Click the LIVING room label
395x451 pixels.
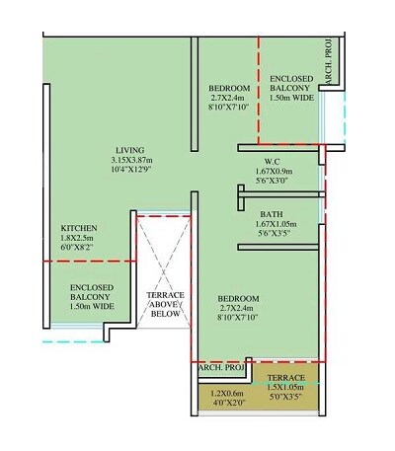pos(129,151)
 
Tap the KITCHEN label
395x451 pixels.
pos(79,227)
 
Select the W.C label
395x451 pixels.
pos(275,162)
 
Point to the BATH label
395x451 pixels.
pos(273,213)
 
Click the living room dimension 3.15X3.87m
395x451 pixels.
pos(129,162)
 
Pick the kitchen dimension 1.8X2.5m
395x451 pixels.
pos(79,238)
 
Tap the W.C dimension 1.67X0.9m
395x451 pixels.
pos(275,172)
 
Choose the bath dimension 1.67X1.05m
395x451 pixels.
pos(274,224)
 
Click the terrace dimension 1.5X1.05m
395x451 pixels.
pos(286,388)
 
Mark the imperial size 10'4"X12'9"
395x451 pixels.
pos(129,172)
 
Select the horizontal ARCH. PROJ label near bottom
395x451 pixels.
pos(220,368)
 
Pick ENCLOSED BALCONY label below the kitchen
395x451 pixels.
pos(92,297)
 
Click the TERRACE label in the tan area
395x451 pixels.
pos(286,377)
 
